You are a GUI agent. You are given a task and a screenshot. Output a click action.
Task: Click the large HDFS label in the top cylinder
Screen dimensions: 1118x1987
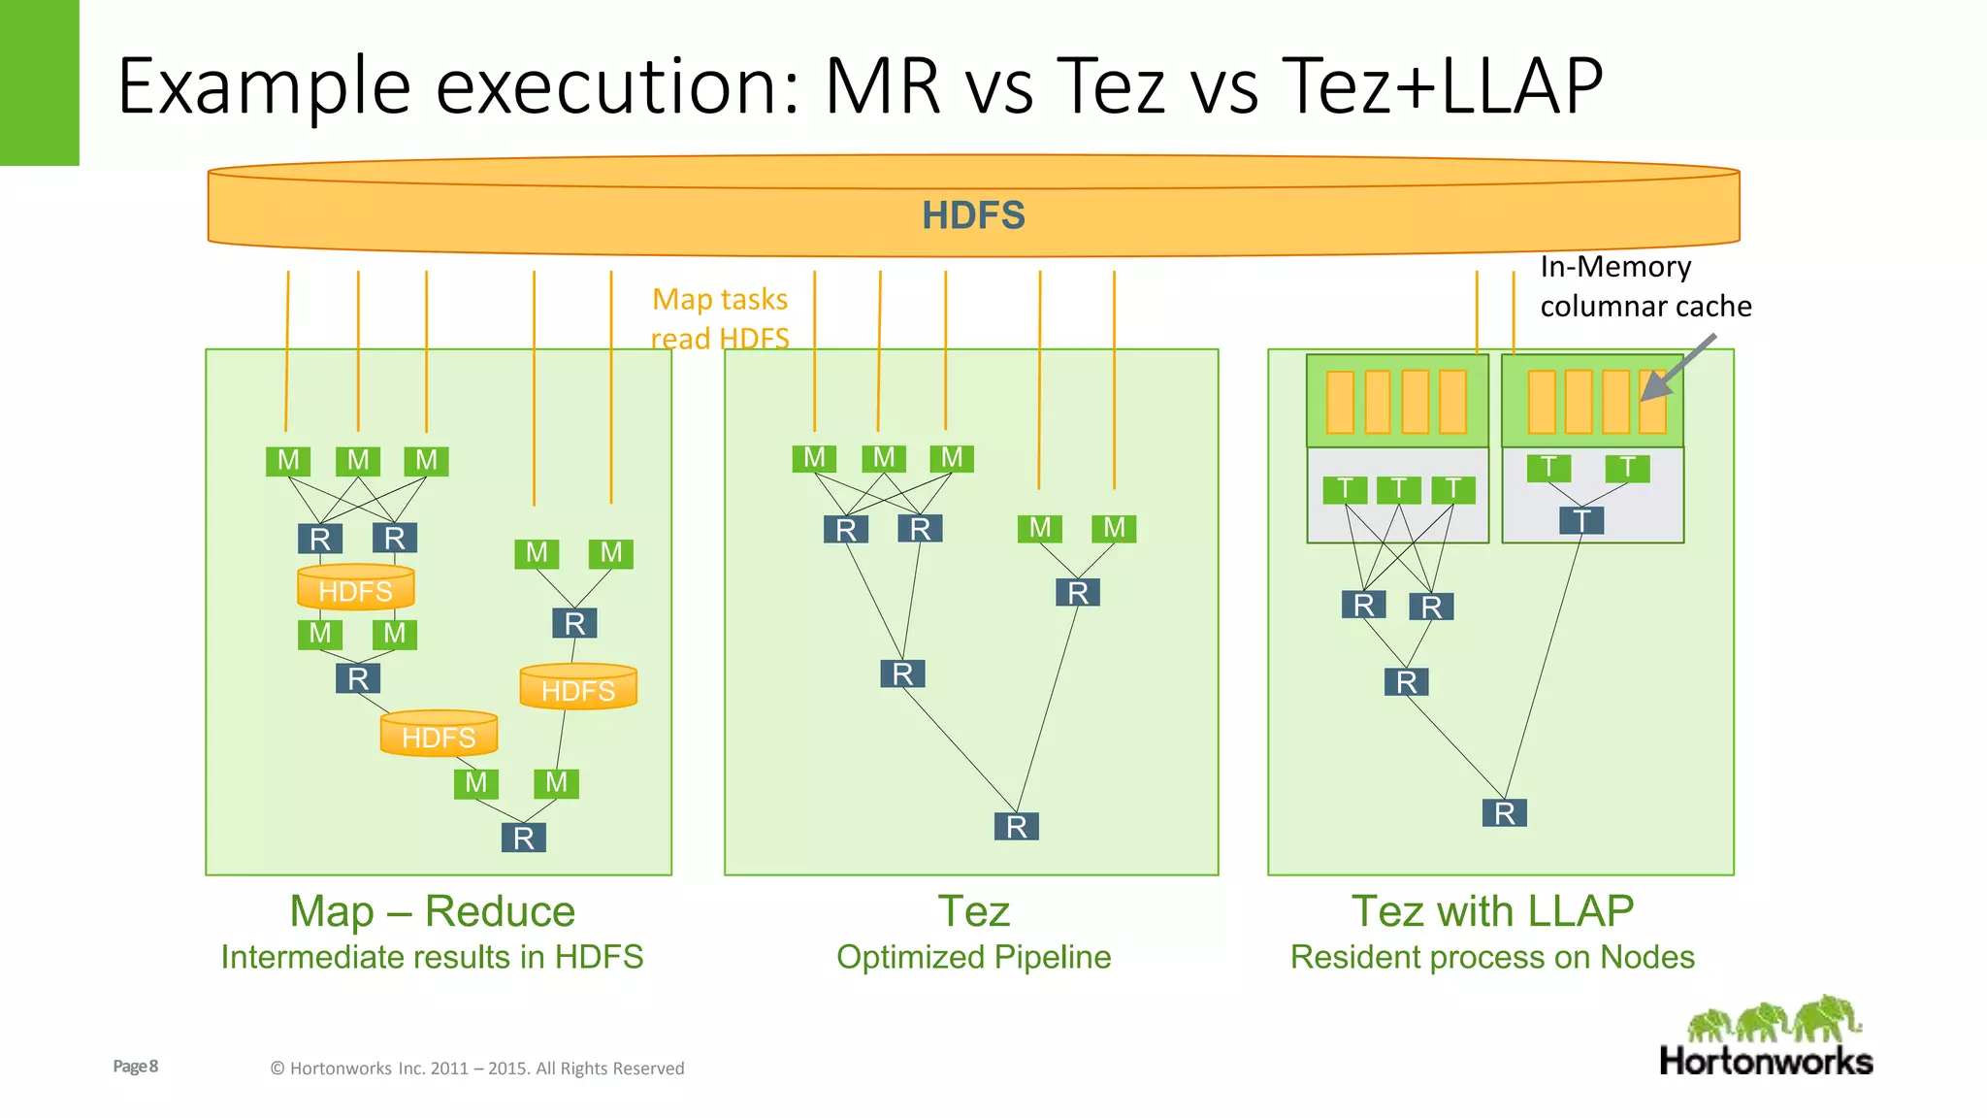[973, 215]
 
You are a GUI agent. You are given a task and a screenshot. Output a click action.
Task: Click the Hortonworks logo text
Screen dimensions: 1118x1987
[1766, 1061]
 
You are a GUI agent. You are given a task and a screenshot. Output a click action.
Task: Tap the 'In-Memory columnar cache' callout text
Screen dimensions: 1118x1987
[1645, 286]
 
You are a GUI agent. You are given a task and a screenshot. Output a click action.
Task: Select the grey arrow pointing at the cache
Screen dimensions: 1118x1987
[1678, 368]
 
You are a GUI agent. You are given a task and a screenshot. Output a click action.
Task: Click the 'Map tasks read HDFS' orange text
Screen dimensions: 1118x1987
[720, 318]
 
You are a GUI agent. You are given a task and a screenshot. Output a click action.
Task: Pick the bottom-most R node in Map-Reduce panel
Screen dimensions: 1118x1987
[524, 838]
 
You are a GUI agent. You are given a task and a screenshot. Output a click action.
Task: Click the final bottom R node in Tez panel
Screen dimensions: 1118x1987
[1016, 827]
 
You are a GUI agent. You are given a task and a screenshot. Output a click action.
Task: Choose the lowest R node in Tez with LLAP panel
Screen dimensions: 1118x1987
[1504, 813]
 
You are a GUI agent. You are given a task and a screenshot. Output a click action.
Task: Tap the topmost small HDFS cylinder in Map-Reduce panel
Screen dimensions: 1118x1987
[356, 588]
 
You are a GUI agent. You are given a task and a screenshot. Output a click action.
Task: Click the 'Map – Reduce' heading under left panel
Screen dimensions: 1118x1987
[432, 911]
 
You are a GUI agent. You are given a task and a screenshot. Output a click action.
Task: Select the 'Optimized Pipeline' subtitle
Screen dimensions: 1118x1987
[973, 957]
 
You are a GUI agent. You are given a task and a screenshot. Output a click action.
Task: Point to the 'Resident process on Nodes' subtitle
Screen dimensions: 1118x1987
[1492, 957]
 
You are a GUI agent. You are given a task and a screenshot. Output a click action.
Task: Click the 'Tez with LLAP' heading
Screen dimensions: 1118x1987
[1492, 911]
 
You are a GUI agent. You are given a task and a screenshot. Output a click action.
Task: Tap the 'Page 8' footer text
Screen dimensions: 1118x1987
[136, 1067]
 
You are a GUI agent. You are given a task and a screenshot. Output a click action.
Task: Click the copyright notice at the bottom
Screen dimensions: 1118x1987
[476, 1069]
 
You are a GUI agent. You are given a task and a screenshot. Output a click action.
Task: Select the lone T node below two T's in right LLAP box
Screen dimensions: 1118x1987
[1581, 521]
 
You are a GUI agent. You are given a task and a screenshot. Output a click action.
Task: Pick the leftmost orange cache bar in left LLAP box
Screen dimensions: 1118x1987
[1340, 402]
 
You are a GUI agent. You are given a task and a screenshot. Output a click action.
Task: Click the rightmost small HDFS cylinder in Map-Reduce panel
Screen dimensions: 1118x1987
[578, 688]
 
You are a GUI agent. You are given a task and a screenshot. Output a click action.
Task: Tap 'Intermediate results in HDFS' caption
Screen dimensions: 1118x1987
[432, 957]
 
